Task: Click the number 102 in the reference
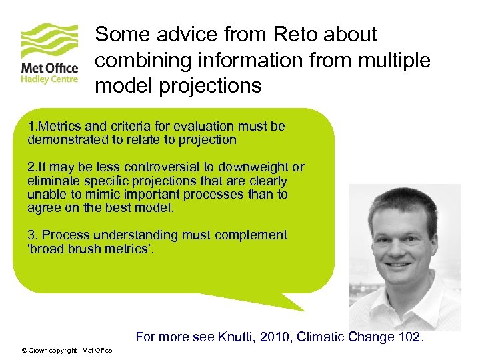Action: (x=408, y=337)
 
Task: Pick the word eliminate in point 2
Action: (x=51, y=181)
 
